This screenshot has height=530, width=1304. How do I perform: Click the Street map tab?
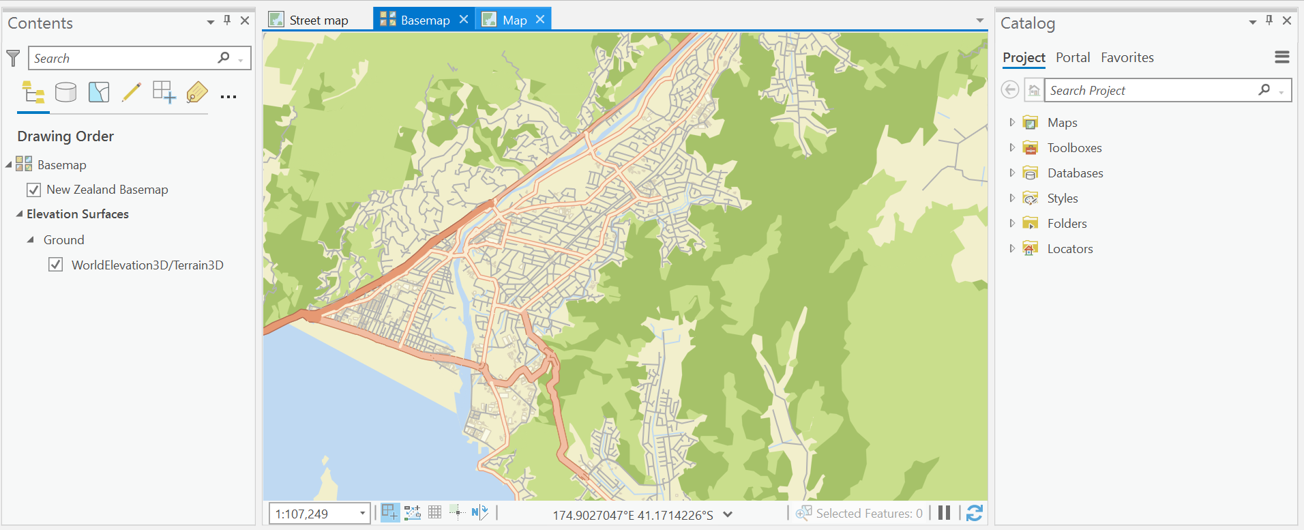[318, 20]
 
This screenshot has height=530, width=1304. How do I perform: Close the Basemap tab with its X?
[464, 20]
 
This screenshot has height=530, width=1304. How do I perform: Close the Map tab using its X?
[540, 20]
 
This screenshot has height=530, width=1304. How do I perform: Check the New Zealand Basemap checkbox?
[33, 190]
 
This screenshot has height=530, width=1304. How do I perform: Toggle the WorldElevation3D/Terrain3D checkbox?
[56, 265]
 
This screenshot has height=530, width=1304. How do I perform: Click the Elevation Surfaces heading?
[77, 214]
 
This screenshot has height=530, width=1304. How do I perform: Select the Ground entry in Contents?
[63, 240]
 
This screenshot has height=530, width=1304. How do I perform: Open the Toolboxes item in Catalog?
[1074, 148]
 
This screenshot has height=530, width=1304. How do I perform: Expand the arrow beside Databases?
[1012, 173]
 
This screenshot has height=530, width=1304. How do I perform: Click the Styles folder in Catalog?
[1062, 198]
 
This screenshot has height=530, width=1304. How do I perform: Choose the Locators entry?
[1069, 249]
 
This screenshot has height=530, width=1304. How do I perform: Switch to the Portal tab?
[1072, 58]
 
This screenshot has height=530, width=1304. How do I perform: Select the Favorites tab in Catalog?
[1127, 58]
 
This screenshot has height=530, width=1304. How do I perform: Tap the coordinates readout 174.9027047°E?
[632, 515]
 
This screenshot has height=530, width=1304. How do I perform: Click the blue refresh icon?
[975, 513]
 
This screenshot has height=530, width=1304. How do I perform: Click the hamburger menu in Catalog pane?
[1281, 57]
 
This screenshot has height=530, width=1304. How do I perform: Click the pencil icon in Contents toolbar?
[131, 92]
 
